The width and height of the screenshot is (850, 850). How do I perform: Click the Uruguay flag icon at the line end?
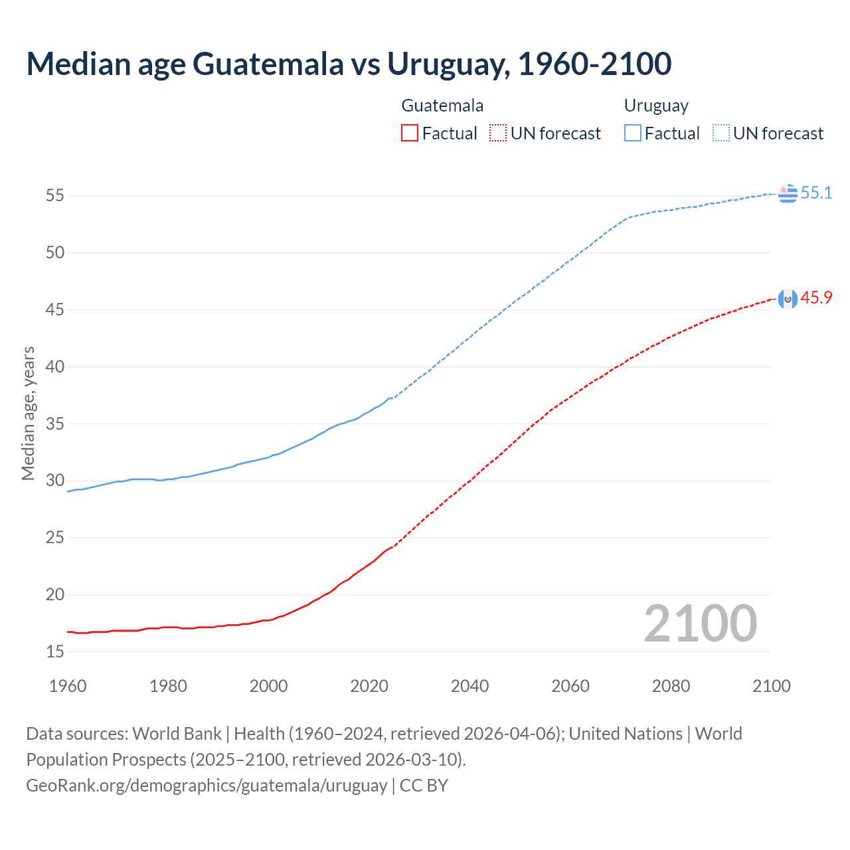point(788,193)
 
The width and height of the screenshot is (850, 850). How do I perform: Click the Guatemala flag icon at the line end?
point(788,299)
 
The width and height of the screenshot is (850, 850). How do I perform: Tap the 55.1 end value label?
point(816,193)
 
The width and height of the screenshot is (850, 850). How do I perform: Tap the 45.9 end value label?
point(816,298)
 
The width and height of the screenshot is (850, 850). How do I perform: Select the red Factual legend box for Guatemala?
point(410,133)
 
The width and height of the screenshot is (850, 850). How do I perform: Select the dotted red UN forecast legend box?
point(498,133)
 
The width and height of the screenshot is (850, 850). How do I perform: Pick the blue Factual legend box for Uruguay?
point(633,133)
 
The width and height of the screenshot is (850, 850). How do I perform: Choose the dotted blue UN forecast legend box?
point(721,133)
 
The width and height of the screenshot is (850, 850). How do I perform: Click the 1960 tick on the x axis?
point(68,686)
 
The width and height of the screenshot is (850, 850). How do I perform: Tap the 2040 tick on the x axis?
point(469,686)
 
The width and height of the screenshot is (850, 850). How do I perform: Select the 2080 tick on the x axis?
point(671,686)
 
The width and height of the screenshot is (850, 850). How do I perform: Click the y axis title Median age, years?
point(28,413)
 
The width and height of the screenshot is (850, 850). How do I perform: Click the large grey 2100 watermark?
point(700,623)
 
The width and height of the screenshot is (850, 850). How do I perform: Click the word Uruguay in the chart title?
point(448,64)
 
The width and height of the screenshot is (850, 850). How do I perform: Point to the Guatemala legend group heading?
point(442,106)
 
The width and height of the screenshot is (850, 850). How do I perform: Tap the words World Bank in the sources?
point(177,734)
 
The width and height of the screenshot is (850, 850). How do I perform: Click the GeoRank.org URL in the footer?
point(207,786)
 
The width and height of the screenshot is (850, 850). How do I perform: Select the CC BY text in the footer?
point(424,786)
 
